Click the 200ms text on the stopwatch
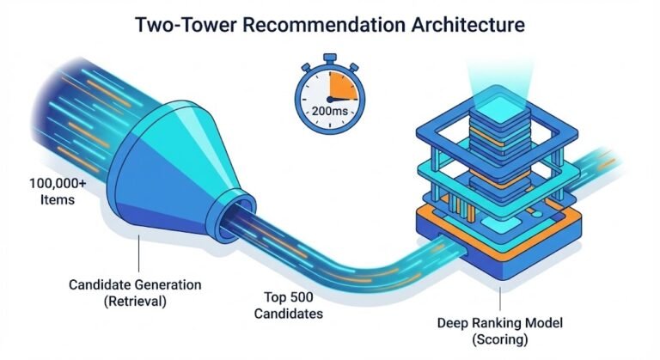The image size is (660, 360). (x=328, y=112)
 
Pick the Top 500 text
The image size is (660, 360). (x=288, y=295)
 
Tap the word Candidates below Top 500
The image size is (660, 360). (x=289, y=314)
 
